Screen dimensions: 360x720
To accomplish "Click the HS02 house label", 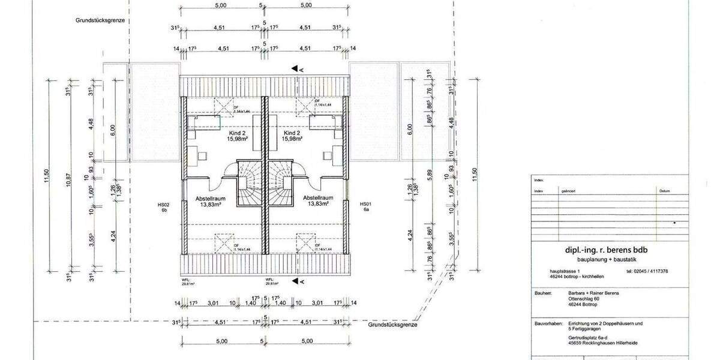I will pos(163,204).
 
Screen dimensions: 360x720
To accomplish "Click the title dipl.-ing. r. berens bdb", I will pos(598,250).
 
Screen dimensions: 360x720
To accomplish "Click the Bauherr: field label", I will pos(542,293).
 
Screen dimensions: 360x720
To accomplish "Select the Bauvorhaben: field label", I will pos(547,323).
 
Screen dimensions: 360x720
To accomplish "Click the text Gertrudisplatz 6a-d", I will pos(589,338).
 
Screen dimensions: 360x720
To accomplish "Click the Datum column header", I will pos(664,191).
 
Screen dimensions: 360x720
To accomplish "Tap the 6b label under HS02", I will pos(163,210).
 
